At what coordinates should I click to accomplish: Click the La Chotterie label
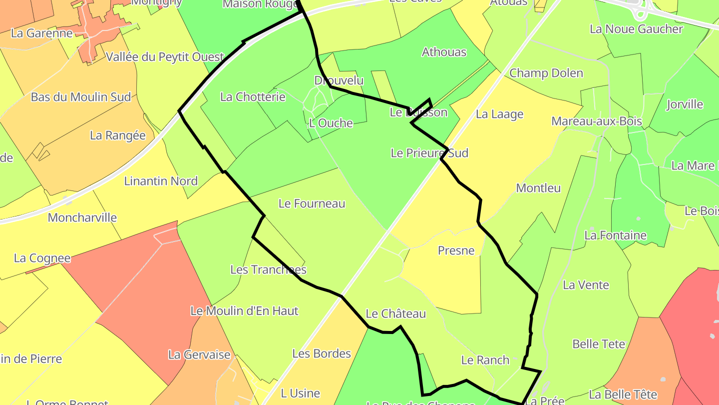(x=253, y=96)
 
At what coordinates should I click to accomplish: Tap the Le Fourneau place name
(x=312, y=203)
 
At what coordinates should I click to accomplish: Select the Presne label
(x=456, y=250)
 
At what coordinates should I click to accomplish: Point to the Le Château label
(x=396, y=313)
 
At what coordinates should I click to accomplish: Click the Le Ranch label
(x=485, y=360)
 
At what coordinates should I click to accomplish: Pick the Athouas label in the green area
(x=444, y=52)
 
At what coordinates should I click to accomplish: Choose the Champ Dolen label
(x=546, y=73)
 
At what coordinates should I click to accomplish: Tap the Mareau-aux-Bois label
(x=597, y=121)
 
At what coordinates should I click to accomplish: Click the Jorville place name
(x=685, y=104)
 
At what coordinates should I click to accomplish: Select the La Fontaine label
(x=616, y=235)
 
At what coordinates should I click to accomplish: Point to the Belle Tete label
(x=599, y=344)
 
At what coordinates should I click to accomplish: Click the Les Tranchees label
(x=268, y=269)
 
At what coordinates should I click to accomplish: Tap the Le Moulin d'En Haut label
(x=244, y=310)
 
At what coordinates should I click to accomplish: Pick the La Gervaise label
(x=199, y=355)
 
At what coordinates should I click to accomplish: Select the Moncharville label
(x=82, y=217)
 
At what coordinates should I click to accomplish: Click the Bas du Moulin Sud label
(x=81, y=97)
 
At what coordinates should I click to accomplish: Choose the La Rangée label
(x=118, y=135)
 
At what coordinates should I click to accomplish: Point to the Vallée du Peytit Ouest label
(x=165, y=57)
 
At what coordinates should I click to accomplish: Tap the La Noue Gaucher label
(x=636, y=29)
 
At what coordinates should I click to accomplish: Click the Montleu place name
(x=538, y=188)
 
